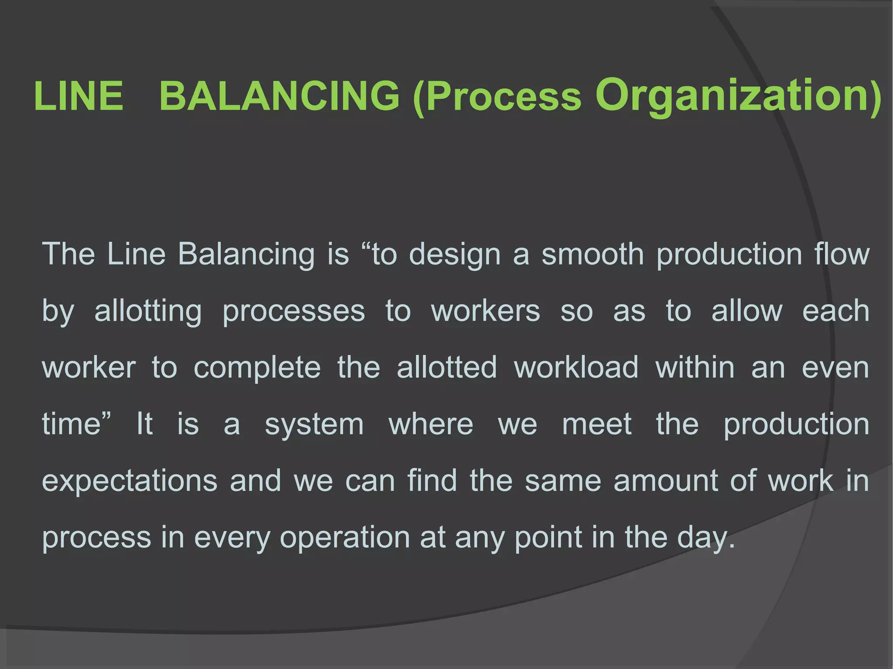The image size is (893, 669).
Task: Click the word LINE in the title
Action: click(78, 96)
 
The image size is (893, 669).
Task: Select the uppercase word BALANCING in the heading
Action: click(279, 96)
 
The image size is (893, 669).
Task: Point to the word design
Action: click(455, 255)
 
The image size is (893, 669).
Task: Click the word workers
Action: click(485, 311)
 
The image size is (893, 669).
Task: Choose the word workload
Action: click(576, 367)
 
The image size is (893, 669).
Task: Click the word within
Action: click(695, 367)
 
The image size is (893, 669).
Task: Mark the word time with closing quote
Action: click(77, 424)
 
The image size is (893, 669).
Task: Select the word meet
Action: click(596, 424)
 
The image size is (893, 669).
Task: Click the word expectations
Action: click(130, 481)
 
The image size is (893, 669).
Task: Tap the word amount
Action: click(665, 481)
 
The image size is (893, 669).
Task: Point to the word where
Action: click(431, 424)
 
